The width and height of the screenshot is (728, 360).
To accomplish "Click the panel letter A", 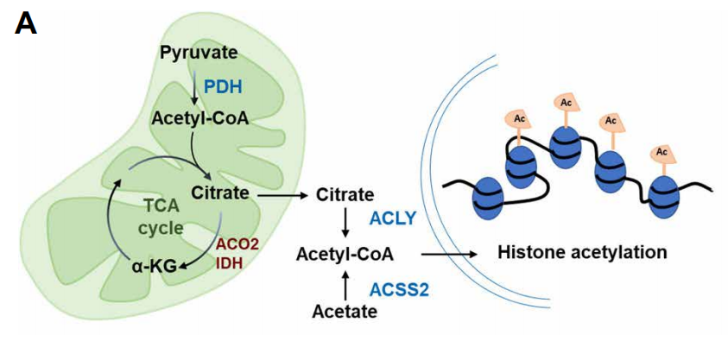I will click(x=26, y=23).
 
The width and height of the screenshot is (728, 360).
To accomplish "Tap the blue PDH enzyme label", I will click(x=223, y=87).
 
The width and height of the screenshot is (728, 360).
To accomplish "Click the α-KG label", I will click(x=150, y=268).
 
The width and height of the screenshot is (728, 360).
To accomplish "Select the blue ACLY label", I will click(x=398, y=219).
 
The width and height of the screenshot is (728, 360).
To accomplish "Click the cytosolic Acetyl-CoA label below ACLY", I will click(x=345, y=254).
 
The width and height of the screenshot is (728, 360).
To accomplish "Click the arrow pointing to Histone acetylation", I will click(x=448, y=254).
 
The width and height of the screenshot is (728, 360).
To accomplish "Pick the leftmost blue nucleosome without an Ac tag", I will click(x=487, y=200).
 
